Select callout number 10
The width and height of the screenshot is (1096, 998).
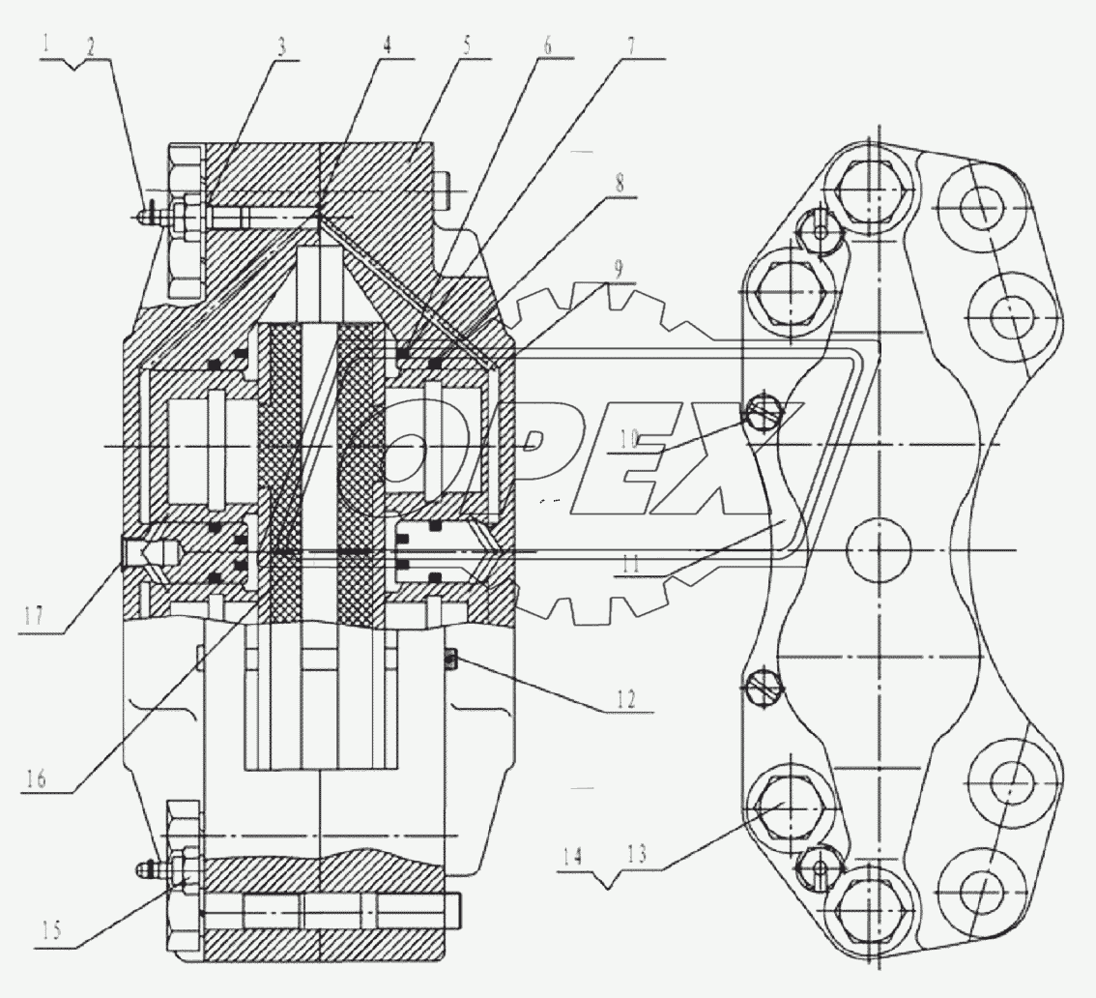[628, 437]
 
